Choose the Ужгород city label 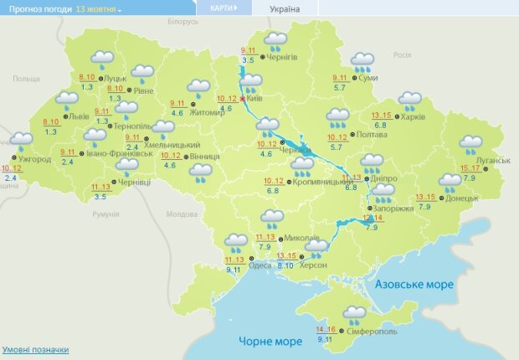pyautogui.click(x=33, y=158)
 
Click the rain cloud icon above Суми pyautogui.click(x=362, y=61)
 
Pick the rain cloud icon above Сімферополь pyautogui.click(x=354, y=315)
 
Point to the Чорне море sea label pyautogui.click(x=270, y=342)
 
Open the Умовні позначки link pyautogui.click(x=35, y=349)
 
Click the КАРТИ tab pyautogui.click(x=223, y=8)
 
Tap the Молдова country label pyautogui.click(x=181, y=214)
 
